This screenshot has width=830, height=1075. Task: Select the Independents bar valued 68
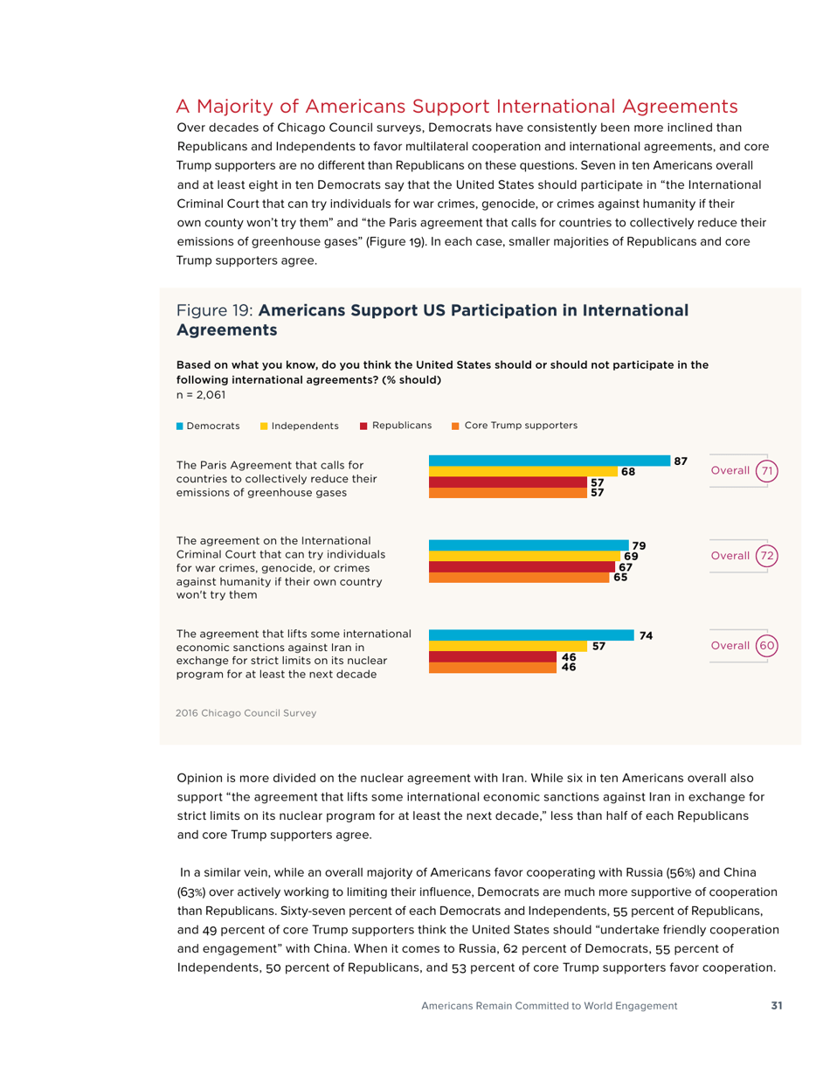(522, 471)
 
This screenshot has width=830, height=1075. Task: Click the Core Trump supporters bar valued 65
(519, 578)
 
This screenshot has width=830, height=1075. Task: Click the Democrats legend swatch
(181, 426)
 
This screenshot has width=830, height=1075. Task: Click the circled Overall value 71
(766, 471)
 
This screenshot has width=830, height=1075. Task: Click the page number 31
(776, 1006)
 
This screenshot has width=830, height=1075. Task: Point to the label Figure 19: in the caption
(215, 310)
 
